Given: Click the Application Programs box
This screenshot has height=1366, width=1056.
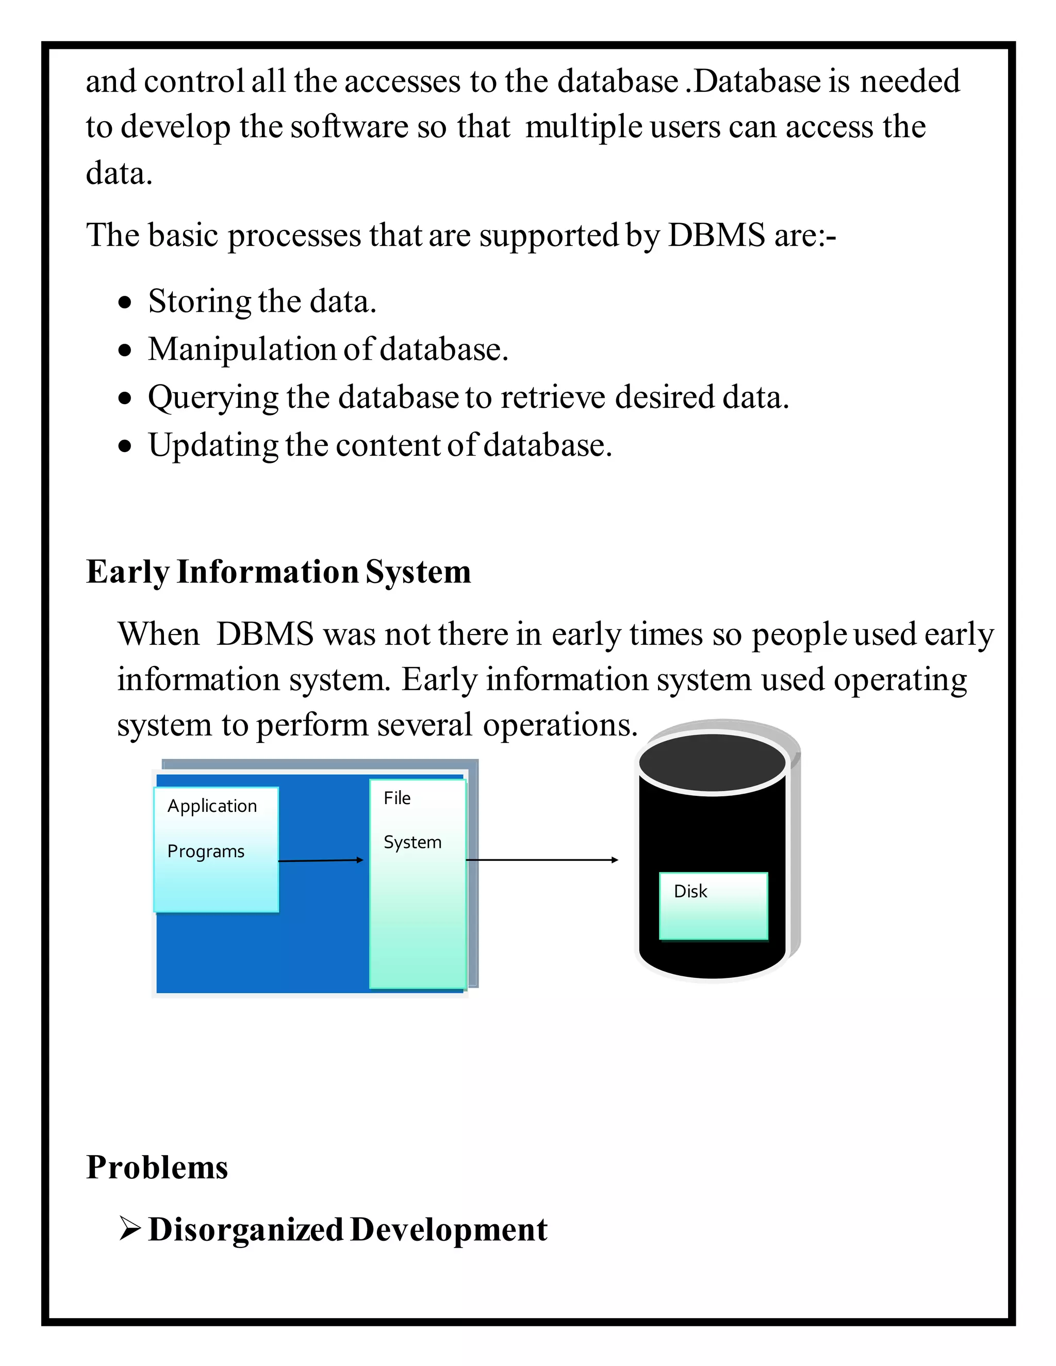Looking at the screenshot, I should pyautogui.click(x=216, y=849).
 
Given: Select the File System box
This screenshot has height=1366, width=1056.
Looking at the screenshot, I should pyautogui.click(x=417, y=883).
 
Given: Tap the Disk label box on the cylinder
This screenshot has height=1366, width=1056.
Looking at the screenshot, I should pyautogui.click(x=713, y=906).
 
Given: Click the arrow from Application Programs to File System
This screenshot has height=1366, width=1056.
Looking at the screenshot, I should pyautogui.click(x=320, y=861).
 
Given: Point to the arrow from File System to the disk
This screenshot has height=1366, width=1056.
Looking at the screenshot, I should pyautogui.click(x=542, y=860).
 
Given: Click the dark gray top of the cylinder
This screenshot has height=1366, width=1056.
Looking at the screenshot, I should pyautogui.click(x=712, y=762).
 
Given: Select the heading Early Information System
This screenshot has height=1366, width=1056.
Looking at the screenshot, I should pyautogui.click(x=278, y=572).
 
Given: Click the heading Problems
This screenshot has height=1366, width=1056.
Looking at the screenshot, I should pyautogui.click(x=157, y=1167).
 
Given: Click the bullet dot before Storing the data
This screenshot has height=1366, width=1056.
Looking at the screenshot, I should pyautogui.click(x=126, y=303).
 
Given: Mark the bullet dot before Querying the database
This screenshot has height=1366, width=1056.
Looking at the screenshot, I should pyautogui.click(x=126, y=398).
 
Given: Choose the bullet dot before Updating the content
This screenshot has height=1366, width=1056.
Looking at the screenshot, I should pyautogui.click(x=126, y=446).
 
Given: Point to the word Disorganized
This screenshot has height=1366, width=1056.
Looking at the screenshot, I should pyautogui.click(x=246, y=1229).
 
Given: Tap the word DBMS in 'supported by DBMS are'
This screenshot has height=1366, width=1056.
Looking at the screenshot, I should pyautogui.click(x=716, y=236).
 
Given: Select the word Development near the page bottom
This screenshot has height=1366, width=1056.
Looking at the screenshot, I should pyautogui.click(x=449, y=1229).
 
